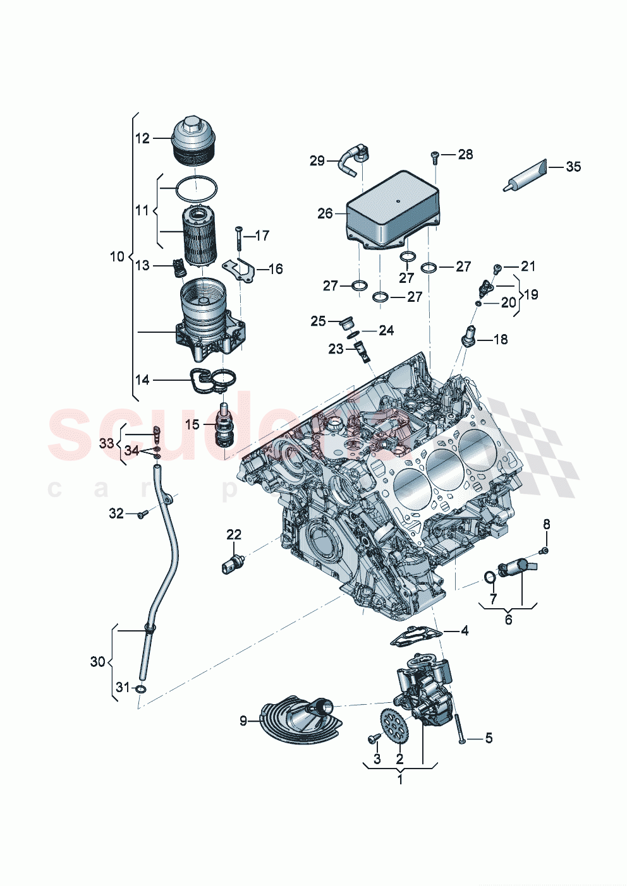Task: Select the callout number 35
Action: point(573,167)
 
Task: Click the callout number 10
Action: point(117,256)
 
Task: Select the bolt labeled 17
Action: point(239,239)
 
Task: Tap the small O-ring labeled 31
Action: point(141,688)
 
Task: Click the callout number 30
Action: point(97,661)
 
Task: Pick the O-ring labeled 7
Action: point(489,577)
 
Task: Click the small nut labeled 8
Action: point(545,551)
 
